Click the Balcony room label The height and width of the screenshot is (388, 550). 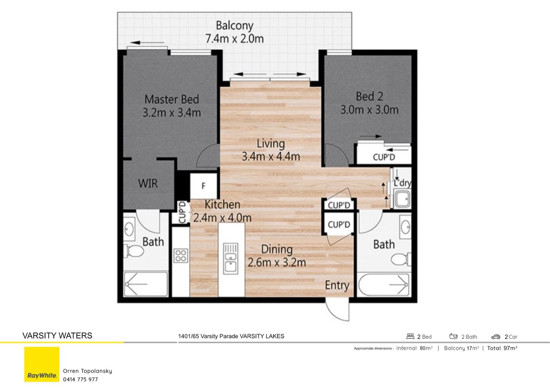[234, 26]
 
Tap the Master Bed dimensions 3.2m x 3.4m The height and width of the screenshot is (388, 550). [172, 113]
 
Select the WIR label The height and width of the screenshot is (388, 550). [148, 183]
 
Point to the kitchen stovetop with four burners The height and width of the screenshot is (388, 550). [181, 255]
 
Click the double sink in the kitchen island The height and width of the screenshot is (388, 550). [231, 258]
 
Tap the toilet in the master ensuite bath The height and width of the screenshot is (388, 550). [134, 251]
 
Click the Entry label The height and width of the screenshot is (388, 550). [337, 285]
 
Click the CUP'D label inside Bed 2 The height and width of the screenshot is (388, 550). [384, 157]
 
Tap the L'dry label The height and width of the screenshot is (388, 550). [402, 183]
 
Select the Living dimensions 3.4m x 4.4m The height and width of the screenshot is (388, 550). [271, 157]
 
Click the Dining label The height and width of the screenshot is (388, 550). [277, 249]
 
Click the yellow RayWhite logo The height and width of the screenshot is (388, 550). [42, 364]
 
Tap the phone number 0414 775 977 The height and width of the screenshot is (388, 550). [80, 379]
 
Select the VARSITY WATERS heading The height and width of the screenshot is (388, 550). [57, 336]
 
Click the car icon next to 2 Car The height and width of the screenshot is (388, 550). [496, 337]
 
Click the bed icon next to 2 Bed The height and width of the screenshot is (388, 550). [410, 336]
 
